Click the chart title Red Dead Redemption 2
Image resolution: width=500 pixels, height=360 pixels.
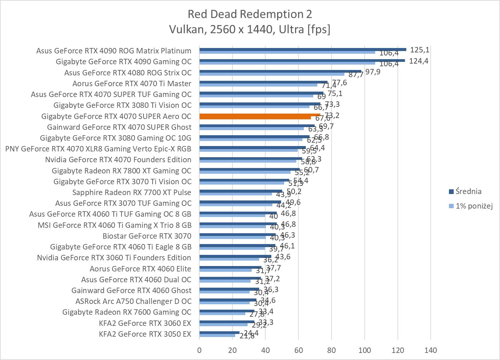250,14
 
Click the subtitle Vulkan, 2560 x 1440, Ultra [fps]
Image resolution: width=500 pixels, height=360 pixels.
250,29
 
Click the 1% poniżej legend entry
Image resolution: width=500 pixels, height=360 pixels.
473,206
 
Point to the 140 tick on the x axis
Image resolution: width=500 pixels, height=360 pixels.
430,350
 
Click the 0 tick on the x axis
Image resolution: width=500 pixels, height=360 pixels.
199,350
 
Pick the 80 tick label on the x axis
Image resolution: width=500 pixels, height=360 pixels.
332,350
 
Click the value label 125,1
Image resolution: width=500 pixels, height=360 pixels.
419,50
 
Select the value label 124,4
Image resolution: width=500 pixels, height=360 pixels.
419,61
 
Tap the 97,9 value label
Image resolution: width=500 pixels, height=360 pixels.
372,72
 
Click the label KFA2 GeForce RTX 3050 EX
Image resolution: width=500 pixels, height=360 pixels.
145,334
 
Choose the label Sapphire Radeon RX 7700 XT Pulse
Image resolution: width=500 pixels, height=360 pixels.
132,192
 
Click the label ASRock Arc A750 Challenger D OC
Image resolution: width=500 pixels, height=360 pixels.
133,301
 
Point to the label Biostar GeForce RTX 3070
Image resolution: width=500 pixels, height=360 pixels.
147,236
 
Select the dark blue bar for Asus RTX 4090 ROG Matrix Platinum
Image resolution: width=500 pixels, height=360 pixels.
302,49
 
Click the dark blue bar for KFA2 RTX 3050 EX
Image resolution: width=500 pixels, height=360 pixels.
219,333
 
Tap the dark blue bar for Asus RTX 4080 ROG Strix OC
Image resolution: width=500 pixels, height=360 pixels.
280,71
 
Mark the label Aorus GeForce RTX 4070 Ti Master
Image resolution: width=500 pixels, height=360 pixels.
132,83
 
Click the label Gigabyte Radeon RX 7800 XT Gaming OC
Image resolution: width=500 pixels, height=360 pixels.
121,171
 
